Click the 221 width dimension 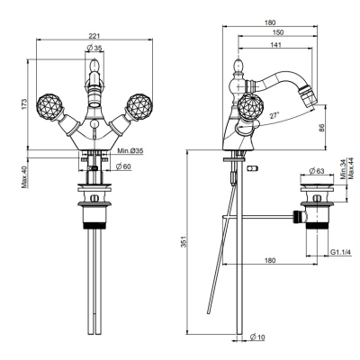click(94, 35)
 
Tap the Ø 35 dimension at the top click(94, 48)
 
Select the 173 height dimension click(24, 103)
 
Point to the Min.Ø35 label click(130, 151)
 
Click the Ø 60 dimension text click(123, 166)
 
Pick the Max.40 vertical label click(24, 177)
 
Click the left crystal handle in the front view click(49, 106)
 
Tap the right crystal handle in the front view click(139, 106)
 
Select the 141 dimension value click(275, 45)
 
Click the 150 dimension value click(278, 32)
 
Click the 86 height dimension click(321, 128)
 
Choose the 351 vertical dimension click(185, 242)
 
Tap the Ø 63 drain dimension click(317, 171)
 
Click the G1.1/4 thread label click(341, 252)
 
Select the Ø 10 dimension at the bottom click(257, 337)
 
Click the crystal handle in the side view click(251, 106)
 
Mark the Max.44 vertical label click(351, 168)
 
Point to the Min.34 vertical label click(344, 169)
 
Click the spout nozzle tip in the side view click(308, 94)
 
